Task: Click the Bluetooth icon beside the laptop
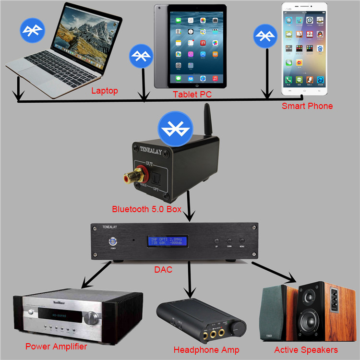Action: pyautogui.click(x=32, y=30)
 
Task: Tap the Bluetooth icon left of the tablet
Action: pyautogui.click(x=141, y=56)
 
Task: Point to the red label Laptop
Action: pyautogui.click(x=105, y=90)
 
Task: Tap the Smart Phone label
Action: pyautogui.click(x=307, y=106)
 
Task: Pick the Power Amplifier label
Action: pyautogui.click(x=56, y=346)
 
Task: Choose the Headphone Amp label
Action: pyautogui.click(x=206, y=349)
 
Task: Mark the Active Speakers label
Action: pyautogui.click(x=306, y=349)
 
